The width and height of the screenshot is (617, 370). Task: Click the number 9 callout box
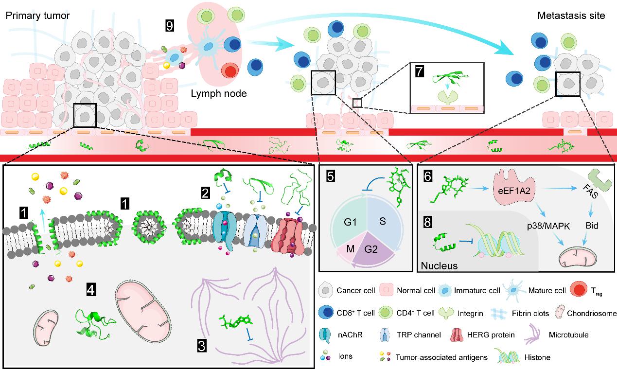169,26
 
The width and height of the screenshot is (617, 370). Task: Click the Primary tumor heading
37,16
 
